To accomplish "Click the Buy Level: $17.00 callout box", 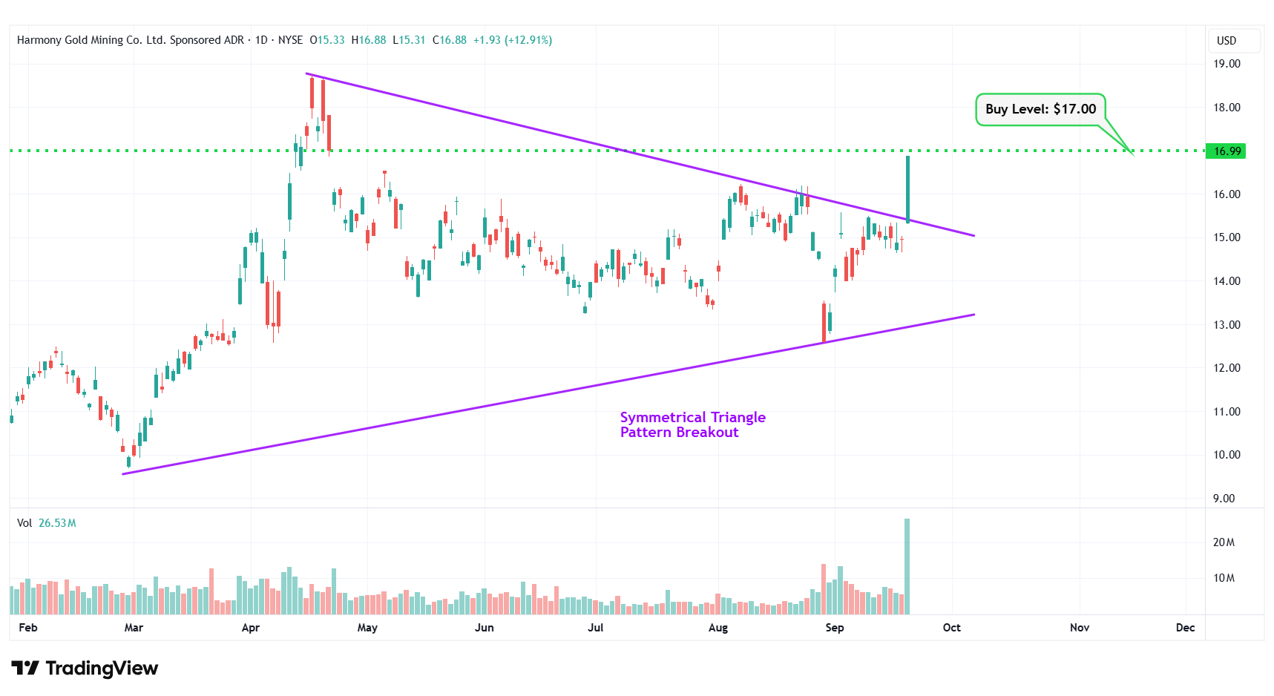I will tap(1040, 109).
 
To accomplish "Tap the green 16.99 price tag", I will tap(1226, 151).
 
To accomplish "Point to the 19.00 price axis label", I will tap(1227, 64).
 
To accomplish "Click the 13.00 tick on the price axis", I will tap(1227, 325).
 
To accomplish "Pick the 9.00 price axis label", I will tap(1224, 499).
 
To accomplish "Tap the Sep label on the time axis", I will tap(835, 628).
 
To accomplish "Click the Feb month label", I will tap(28, 628).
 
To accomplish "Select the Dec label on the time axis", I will tap(1185, 628).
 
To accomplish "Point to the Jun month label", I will tap(484, 628).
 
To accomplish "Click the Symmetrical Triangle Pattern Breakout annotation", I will tap(692, 425).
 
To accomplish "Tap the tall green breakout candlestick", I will tap(907, 189).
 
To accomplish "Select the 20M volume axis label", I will tap(1224, 542).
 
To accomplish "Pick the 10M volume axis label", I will tap(1224, 578).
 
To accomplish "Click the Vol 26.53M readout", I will tap(47, 523).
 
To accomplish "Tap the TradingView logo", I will tap(85, 669).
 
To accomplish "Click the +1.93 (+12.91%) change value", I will tap(512, 40).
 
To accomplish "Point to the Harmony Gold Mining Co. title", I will tap(130, 40).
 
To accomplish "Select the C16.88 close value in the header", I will tap(450, 40).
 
